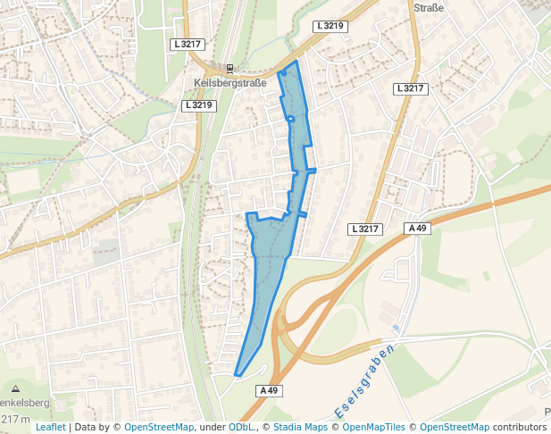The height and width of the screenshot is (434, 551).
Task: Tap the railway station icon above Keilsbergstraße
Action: click(230, 68)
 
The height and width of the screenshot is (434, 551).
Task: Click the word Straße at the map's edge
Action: click(428, 7)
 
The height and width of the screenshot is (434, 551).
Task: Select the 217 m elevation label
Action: click(15, 419)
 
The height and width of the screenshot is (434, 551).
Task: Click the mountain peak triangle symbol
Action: click(16, 389)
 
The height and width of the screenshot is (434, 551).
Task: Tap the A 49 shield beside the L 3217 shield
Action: click(418, 229)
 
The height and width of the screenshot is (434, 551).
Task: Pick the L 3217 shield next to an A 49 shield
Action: click(365, 229)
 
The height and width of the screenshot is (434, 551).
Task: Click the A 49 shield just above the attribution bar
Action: click(270, 390)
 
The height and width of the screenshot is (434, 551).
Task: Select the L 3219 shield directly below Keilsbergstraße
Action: click(198, 105)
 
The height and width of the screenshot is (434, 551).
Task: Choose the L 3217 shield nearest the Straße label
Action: click(411, 88)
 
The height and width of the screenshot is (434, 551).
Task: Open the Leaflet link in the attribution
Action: click(51, 428)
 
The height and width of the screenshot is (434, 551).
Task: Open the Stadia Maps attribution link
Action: click(299, 428)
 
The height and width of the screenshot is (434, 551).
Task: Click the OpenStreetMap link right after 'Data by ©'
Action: click(159, 428)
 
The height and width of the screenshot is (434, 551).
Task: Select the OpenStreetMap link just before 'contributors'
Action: click(455, 428)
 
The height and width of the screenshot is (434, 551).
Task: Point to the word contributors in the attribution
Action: click(520, 428)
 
